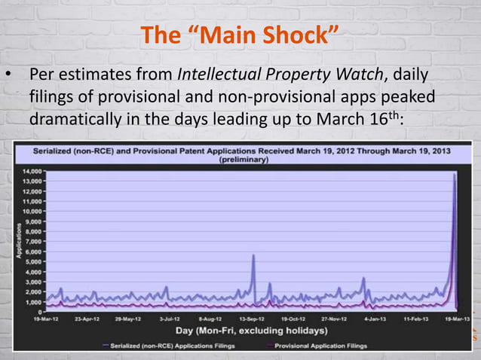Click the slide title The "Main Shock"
240,35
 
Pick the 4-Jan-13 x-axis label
375,319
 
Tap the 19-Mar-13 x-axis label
455,319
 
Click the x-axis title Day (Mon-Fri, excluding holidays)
231,331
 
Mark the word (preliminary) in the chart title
241,160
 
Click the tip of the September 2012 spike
253,255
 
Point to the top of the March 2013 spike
455,175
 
